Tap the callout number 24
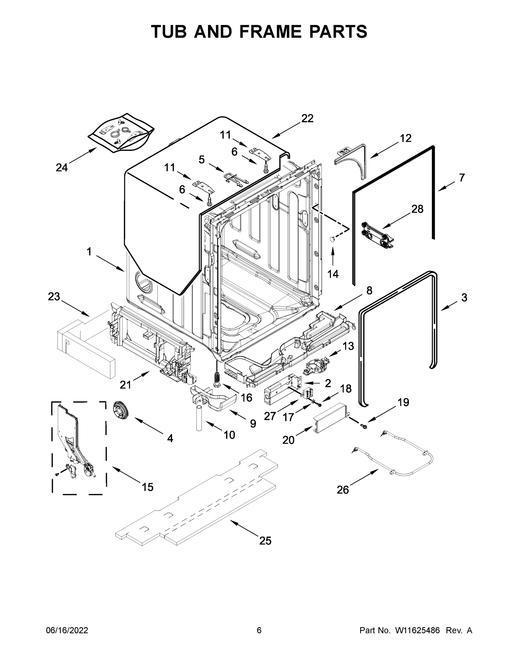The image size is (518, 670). point(62,167)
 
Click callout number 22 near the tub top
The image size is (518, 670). point(307,118)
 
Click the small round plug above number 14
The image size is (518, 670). point(332,239)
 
